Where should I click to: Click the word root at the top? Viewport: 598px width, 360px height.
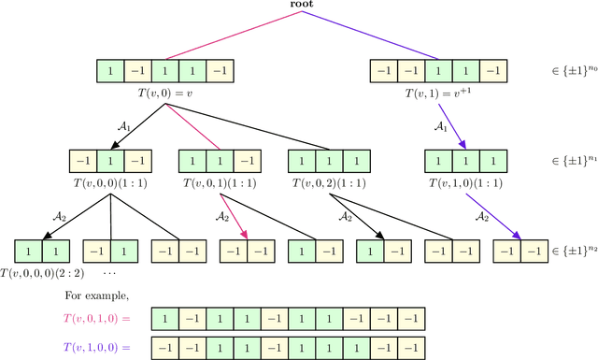tap(300, 7)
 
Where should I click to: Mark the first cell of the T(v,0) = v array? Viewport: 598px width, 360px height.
tap(111, 71)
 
